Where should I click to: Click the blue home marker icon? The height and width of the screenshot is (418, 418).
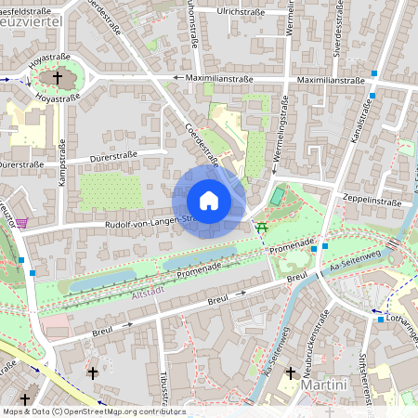[209, 201]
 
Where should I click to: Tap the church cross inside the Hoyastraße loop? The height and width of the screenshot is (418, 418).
[61, 78]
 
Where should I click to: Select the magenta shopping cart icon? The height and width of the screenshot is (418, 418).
[21, 222]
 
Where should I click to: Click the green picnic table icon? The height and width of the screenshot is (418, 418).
[263, 227]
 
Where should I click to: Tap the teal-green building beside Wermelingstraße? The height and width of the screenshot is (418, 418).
[278, 196]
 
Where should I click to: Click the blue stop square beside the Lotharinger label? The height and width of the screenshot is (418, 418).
[380, 320]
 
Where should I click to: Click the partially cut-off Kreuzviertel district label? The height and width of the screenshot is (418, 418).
[32, 20]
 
